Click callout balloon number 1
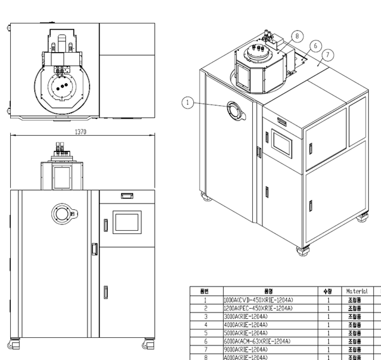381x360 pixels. coord(188,101)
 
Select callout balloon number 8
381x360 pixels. coord(297,37)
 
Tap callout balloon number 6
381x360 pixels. coord(316,46)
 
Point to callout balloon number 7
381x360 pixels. coord(327,55)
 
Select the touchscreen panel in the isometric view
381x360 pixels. coord(280,141)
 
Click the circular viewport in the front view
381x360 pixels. coord(63,214)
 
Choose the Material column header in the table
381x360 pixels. coord(357,292)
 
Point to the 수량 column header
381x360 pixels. coord(328,292)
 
